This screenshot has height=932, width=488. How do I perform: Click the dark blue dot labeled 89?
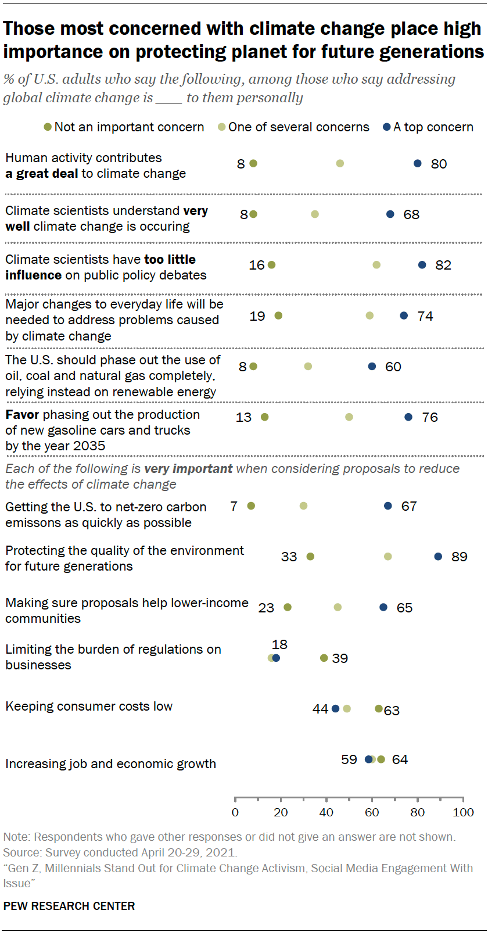438,557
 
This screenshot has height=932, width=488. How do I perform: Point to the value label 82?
443,265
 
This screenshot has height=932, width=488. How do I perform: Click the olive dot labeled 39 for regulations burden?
324,658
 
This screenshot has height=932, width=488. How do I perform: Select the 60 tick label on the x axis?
372,812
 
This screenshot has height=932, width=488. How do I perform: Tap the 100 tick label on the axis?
463,812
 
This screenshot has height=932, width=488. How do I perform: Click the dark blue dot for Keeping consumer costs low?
335,709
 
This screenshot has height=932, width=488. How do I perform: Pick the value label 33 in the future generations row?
289,557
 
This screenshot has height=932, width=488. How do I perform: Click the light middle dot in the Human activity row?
340,163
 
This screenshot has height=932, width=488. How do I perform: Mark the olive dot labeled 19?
278,316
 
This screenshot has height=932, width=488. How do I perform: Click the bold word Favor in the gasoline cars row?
22,414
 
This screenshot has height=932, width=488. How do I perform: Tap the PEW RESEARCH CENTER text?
69,906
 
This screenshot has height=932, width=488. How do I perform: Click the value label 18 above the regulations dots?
279,644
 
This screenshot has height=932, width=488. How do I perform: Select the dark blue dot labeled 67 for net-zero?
388,506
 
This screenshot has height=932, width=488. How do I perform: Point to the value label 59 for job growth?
349,759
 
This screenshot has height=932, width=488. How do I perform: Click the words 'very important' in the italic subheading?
188,468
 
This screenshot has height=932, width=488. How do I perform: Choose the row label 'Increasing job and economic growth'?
110,763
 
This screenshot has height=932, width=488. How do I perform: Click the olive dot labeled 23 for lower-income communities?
288,607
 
